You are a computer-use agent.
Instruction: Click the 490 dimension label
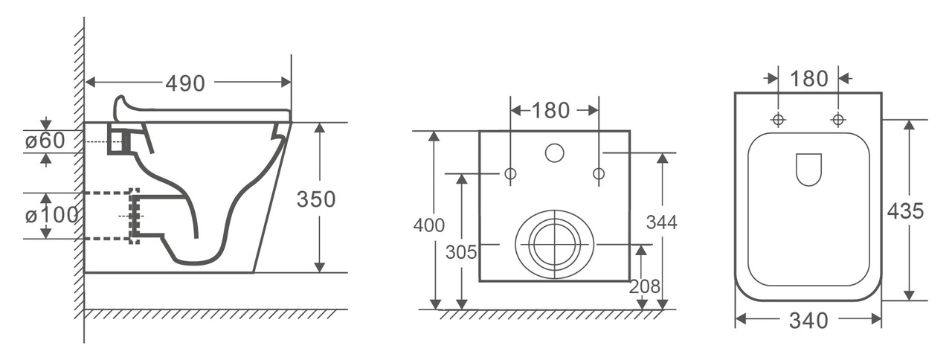coord(185,83)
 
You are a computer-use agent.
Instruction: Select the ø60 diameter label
coord(45,141)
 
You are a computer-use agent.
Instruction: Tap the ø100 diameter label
coord(52,216)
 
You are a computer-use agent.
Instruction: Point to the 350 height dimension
coord(316,199)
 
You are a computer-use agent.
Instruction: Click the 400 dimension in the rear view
coord(429,225)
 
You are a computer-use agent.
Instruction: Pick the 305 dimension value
coord(461,252)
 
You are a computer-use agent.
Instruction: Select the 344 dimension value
coord(662,222)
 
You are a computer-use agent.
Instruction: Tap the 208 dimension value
coord(645,287)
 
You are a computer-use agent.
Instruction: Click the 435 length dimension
coord(905,210)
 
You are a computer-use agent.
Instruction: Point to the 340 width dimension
coord(808,321)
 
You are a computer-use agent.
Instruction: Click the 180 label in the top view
coord(808,79)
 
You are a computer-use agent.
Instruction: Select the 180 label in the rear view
coord(550,111)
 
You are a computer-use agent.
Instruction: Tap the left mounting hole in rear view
coord(510,173)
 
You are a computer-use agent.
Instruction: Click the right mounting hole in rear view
coord(599,173)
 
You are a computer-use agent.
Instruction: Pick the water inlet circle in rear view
coord(555,153)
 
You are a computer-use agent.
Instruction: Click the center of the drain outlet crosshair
coord(555,245)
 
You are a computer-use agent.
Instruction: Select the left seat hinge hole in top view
coord(778,120)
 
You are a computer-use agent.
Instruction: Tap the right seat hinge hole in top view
coord(838,120)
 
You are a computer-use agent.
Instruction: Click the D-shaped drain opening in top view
coord(808,169)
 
